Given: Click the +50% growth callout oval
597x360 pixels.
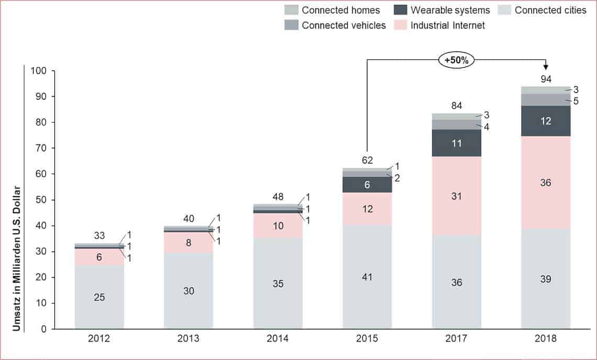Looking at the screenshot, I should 456,60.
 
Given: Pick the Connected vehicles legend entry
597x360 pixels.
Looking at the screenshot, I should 336,25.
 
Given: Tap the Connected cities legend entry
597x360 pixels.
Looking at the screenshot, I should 543,10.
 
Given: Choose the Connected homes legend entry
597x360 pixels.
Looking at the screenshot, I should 332,10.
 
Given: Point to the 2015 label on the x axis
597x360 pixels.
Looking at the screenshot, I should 367,339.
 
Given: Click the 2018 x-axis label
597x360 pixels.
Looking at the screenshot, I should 546,339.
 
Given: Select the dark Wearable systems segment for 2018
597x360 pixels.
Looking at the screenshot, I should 546,121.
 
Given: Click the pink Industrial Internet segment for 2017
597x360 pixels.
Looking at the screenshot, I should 456,196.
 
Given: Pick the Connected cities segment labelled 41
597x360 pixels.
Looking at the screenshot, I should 367,277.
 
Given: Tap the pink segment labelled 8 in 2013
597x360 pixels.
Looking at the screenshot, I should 189,242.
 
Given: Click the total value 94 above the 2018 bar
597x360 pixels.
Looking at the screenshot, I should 546,79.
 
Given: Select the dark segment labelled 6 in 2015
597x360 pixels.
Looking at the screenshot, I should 367,185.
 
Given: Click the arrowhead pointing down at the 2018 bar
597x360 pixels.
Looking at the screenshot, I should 546,67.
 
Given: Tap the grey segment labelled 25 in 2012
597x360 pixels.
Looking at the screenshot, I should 99,297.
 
